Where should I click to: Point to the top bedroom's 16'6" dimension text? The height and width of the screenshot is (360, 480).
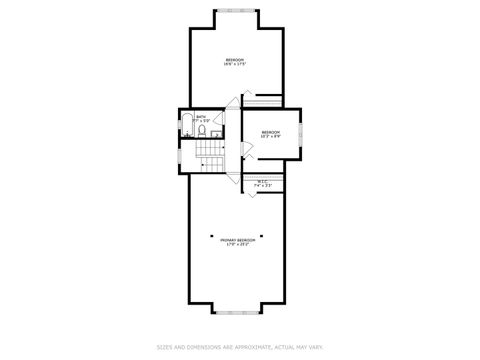coord(236,64)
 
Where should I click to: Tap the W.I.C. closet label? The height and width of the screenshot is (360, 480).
coord(262,181)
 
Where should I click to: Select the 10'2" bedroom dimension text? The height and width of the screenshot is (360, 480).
coord(271,136)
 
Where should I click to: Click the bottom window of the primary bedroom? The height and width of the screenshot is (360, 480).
coord(237,313)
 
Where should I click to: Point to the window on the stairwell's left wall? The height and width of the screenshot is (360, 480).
coord(180,156)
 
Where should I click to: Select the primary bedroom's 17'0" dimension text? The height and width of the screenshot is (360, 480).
coord(230,243)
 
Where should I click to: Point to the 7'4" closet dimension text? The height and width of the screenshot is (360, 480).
coord(257,185)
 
